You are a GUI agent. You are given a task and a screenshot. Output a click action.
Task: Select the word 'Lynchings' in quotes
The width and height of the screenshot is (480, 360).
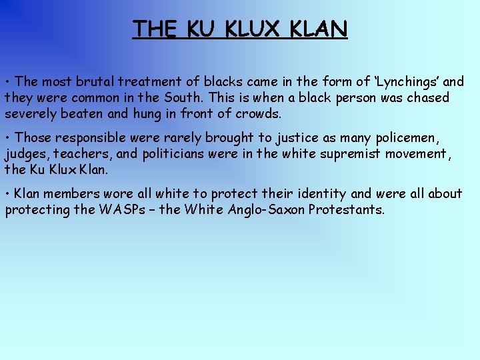pyautogui.click(x=407, y=82)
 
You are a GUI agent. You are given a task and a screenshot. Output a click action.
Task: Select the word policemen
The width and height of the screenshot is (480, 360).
pyautogui.click(x=408, y=138)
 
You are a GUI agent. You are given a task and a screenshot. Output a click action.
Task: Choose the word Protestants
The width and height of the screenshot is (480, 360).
pyautogui.click(x=345, y=210)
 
